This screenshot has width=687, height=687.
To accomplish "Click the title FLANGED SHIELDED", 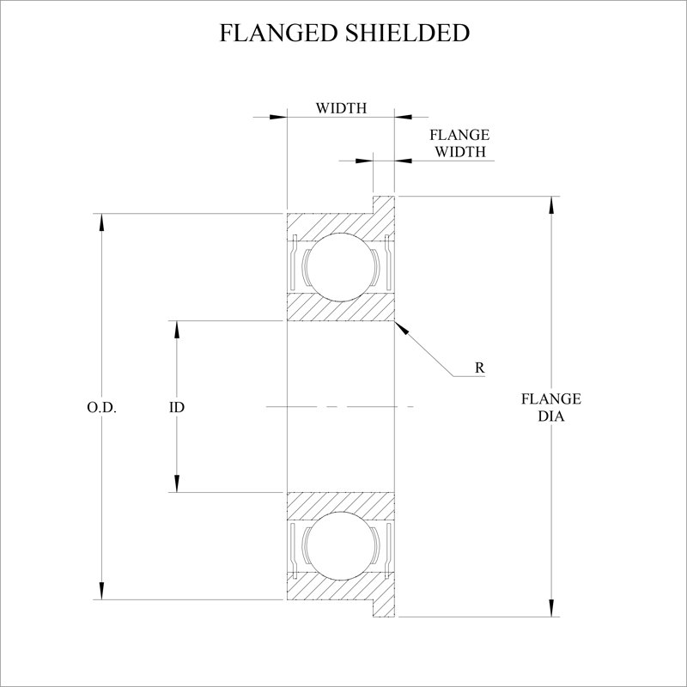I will click(343, 33).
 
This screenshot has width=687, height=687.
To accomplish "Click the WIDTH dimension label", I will click(341, 109).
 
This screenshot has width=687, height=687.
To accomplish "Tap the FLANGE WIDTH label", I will click(459, 143).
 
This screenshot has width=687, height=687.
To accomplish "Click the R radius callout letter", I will click(480, 368).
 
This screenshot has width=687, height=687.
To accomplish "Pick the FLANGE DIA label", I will click(550, 406).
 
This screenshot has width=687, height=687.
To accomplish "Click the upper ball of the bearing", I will click(340, 266).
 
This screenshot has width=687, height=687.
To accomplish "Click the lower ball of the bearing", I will click(340, 546).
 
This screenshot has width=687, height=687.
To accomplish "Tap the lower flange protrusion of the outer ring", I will click(384, 607).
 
